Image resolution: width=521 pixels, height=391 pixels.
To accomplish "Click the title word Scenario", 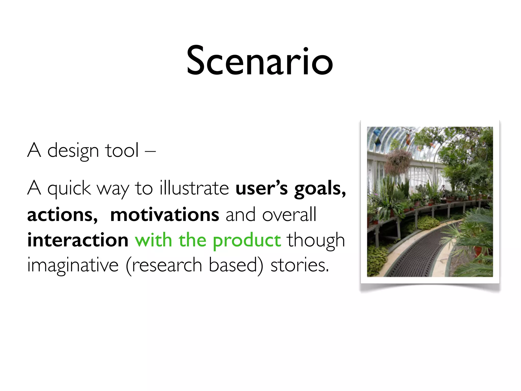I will pyautogui.click(x=259, y=61).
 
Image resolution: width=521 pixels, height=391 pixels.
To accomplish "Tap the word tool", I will pyautogui.click(x=122, y=150).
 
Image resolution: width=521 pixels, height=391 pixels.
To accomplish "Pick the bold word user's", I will pyautogui.click(x=262, y=188).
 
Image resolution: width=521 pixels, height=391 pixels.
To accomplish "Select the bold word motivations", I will pyautogui.click(x=165, y=215).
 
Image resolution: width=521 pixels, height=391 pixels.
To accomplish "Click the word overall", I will pyautogui.click(x=289, y=215).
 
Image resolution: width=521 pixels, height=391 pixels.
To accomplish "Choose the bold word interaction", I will pyautogui.click(x=78, y=240).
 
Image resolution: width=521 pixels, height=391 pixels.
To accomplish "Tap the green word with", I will pyautogui.click(x=153, y=240).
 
